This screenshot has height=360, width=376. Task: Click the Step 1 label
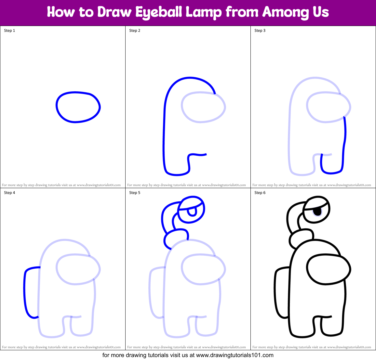pyautogui.click(x=9, y=31)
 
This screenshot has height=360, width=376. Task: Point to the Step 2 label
pyautogui.click(x=135, y=31)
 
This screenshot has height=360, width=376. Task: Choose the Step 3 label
pyautogui.click(x=260, y=31)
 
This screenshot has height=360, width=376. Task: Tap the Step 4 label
pyautogui.click(x=9, y=193)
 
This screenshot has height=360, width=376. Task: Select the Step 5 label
pyautogui.click(x=135, y=193)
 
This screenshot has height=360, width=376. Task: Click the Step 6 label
pyautogui.click(x=260, y=193)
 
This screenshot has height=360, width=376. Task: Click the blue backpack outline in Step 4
pyautogui.click(x=25, y=292)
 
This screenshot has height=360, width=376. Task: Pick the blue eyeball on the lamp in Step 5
pyautogui.click(x=192, y=210)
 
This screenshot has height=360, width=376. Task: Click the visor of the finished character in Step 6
pyautogui.click(x=329, y=269)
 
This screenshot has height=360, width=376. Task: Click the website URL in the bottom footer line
pyautogui.click(x=235, y=355)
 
